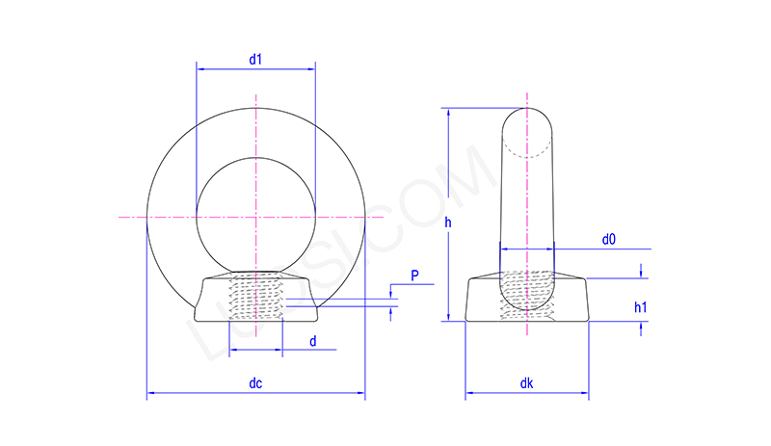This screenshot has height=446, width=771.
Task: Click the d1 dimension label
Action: pos(255,60)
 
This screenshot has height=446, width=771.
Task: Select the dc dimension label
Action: pos(255,383)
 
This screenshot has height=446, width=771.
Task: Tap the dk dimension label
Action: pos(526,383)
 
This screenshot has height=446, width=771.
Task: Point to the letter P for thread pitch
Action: pos(414,276)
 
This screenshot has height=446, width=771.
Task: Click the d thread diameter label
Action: pos(312,341)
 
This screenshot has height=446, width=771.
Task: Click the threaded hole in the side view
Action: pos(526,294)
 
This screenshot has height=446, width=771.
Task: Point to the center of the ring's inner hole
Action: pos(255,218)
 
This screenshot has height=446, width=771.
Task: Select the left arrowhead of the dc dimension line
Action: pos(150,393)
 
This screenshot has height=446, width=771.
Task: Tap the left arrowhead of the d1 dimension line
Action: pos(199,68)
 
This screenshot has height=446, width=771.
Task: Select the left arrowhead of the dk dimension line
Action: pos(469,393)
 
